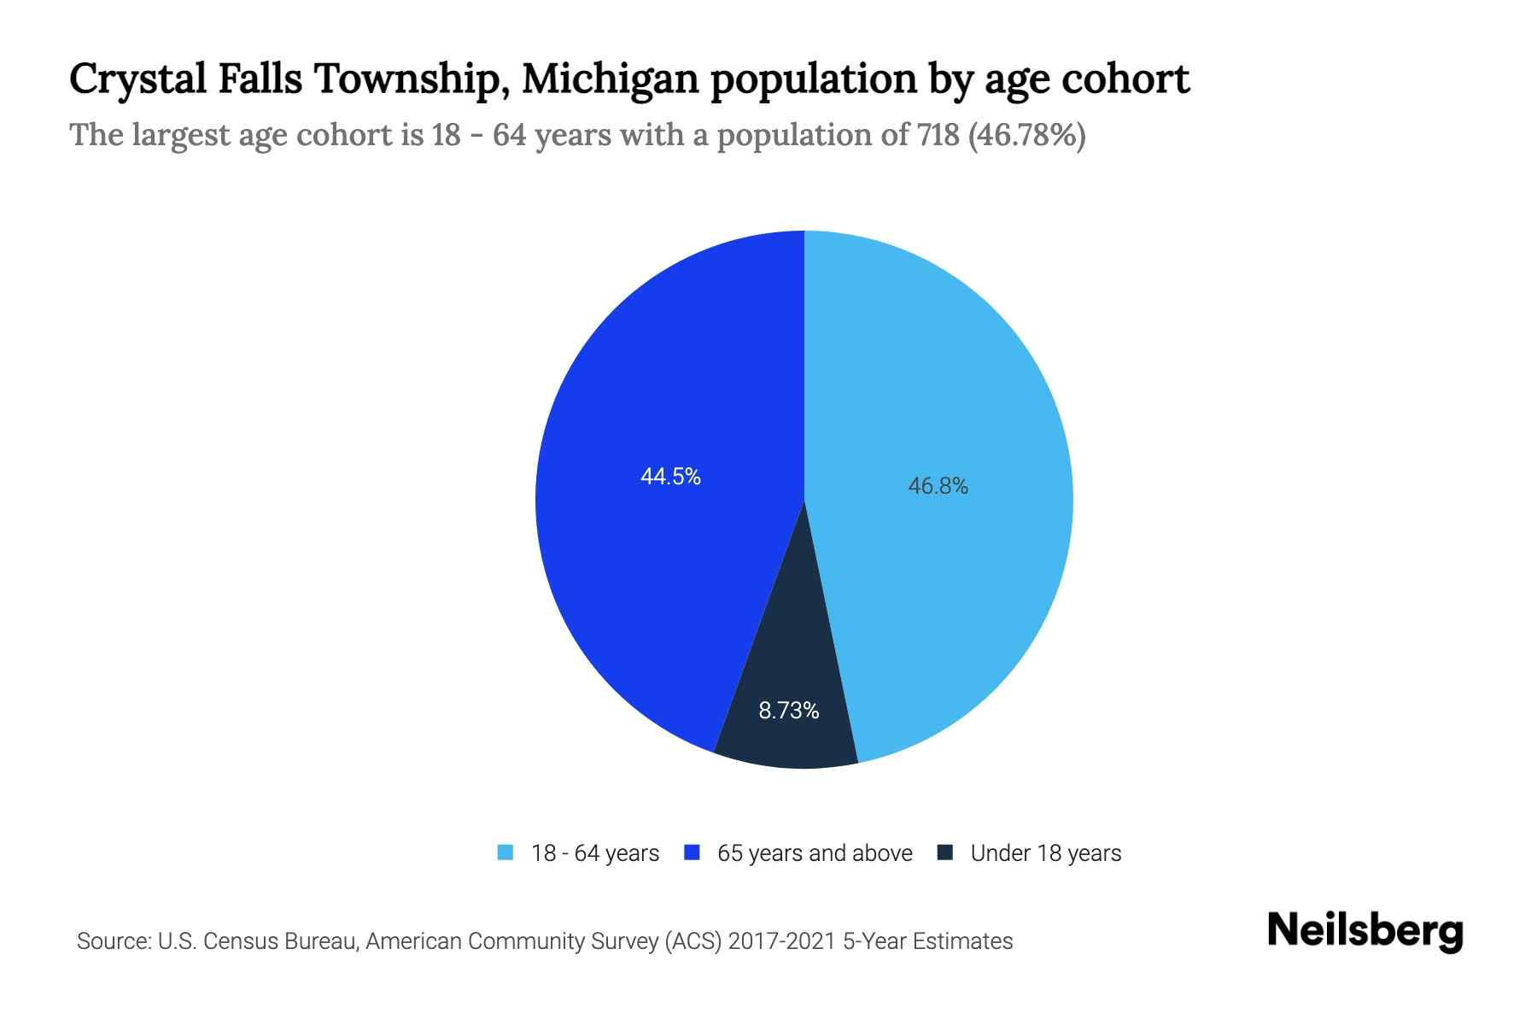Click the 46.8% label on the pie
pos(938,486)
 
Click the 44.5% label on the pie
pos(670,477)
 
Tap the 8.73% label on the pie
pos(788,711)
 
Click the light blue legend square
pos(506,852)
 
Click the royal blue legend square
pos(692,852)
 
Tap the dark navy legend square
pos(944,852)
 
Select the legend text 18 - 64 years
pos(595,853)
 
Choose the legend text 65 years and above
pos(815,853)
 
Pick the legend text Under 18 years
pos(1045,853)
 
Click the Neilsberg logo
pos(1365,931)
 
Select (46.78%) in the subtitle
pos(1026,135)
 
